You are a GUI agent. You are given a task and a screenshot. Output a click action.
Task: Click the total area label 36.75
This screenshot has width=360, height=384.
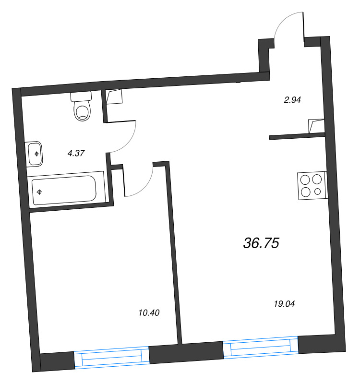coord(261,243)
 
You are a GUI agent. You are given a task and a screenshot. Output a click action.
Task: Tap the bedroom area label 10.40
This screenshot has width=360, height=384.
coord(148,313)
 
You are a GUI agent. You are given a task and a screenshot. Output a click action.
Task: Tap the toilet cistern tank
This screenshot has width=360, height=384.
coord(81,96)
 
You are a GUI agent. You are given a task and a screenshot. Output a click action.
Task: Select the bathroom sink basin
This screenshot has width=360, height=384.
coord(35,154)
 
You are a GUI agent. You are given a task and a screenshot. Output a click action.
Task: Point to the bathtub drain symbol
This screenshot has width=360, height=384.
coord(40,192)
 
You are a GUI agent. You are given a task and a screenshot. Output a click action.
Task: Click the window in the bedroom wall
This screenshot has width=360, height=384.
coord(112,357)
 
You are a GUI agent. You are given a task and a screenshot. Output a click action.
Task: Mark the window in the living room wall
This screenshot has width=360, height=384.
coord(261,348)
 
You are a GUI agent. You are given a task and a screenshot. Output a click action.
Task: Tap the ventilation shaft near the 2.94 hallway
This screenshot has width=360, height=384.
coord(316,126)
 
